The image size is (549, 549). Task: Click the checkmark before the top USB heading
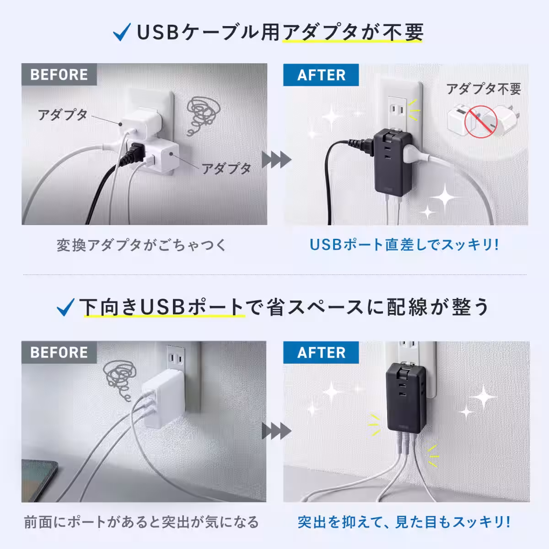pos(122,34)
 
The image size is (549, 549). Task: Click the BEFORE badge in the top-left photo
pos(59,75)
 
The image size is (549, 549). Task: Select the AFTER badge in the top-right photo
pos(321,75)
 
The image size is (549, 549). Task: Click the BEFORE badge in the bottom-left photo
pos(59,353)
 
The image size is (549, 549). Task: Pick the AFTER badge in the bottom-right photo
pos(321,353)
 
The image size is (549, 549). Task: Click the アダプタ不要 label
pos(484,88)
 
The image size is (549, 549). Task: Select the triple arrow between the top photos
pos(276,160)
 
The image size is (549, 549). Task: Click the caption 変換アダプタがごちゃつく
pos(141,245)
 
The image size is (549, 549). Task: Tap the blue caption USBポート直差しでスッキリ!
pos(404,244)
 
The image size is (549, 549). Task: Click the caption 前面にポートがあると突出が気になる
pos(141,522)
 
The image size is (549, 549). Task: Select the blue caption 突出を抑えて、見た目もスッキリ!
pos(404,522)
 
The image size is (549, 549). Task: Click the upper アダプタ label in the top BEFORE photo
pos(62,114)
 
